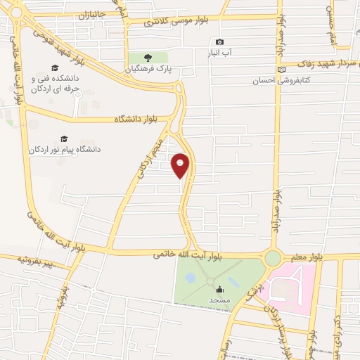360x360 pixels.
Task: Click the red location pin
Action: pos(181,165)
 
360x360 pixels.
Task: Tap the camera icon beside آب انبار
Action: pos(220,42)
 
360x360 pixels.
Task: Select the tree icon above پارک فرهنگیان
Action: pos(148,58)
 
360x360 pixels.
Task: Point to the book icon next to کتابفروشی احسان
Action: pos(281,69)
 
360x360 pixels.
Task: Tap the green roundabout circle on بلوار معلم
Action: pos(273,258)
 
